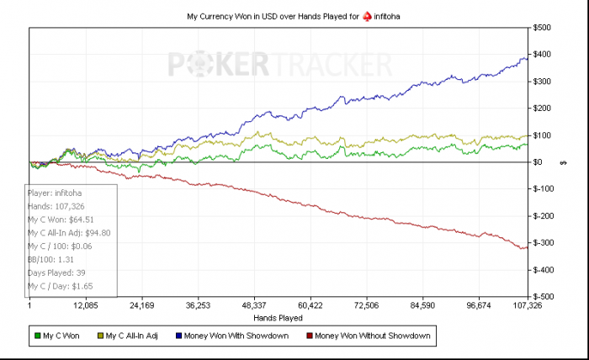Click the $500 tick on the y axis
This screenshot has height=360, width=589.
pyautogui.click(x=544, y=28)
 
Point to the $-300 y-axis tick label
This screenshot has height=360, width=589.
pyautogui.click(x=544, y=243)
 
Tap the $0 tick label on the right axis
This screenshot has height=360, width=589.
pyautogui.click(x=539, y=162)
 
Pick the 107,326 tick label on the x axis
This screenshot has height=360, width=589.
pyautogui.click(x=527, y=306)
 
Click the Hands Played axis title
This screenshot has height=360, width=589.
pyautogui.click(x=279, y=318)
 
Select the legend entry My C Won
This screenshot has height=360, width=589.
pyautogui.click(x=60, y=336)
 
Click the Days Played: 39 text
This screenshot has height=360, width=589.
pyautogui.click(x=59, y=273)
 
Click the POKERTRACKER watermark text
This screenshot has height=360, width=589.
pyautogui.click(x=279, y=65)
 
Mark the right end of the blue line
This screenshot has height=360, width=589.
pyautogui.click(x=528, y=58)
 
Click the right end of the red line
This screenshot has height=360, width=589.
pyautogui.click(x=528, y=247)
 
